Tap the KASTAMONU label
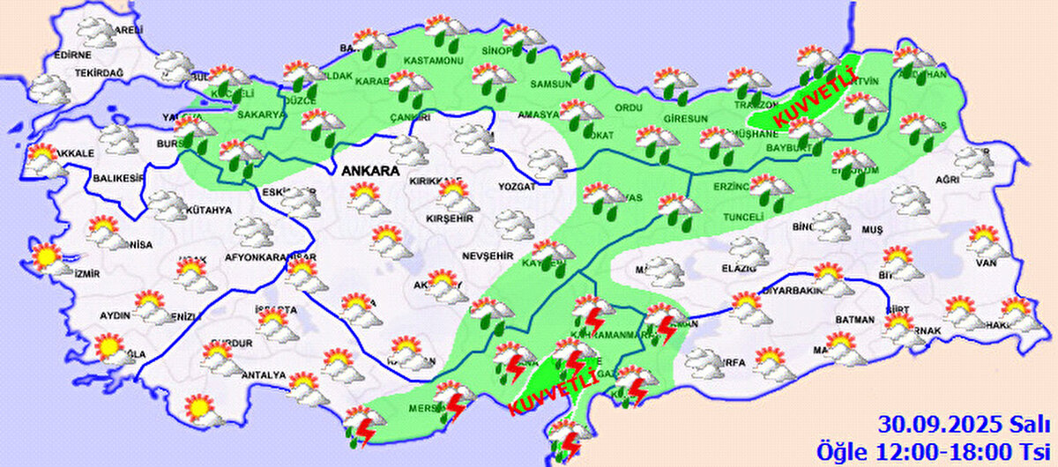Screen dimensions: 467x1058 (433, 60)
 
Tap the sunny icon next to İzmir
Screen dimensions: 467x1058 (43, 257)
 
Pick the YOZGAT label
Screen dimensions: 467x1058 (518, 187)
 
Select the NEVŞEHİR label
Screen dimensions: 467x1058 (487, 256)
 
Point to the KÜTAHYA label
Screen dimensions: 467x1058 (209, 211)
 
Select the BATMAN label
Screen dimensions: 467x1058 (855, 320)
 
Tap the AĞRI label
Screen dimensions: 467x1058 (947, 180)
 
